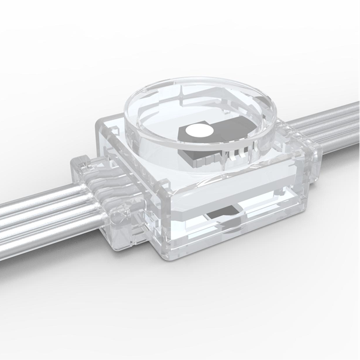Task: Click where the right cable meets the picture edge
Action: coord(358,120)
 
